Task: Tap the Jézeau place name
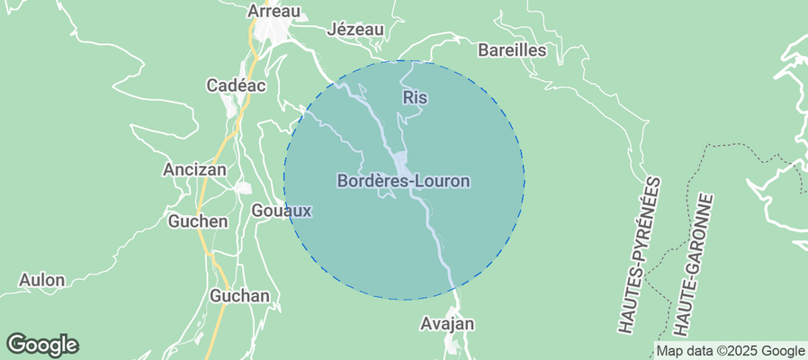tap(356, 30)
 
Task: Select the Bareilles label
tap(512, 50)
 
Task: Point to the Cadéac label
tap(236, 85)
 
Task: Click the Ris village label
tap(415, 97)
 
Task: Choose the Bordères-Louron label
tap(403, 181)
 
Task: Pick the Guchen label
tap(198, 220)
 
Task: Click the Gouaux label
tap(282, 211)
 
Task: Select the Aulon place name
tap(41, 280)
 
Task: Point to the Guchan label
tap(239, 296)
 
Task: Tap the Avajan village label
tap(447, 323)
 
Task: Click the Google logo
tap(42, 344)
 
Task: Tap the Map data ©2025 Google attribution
tap(730, 351)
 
